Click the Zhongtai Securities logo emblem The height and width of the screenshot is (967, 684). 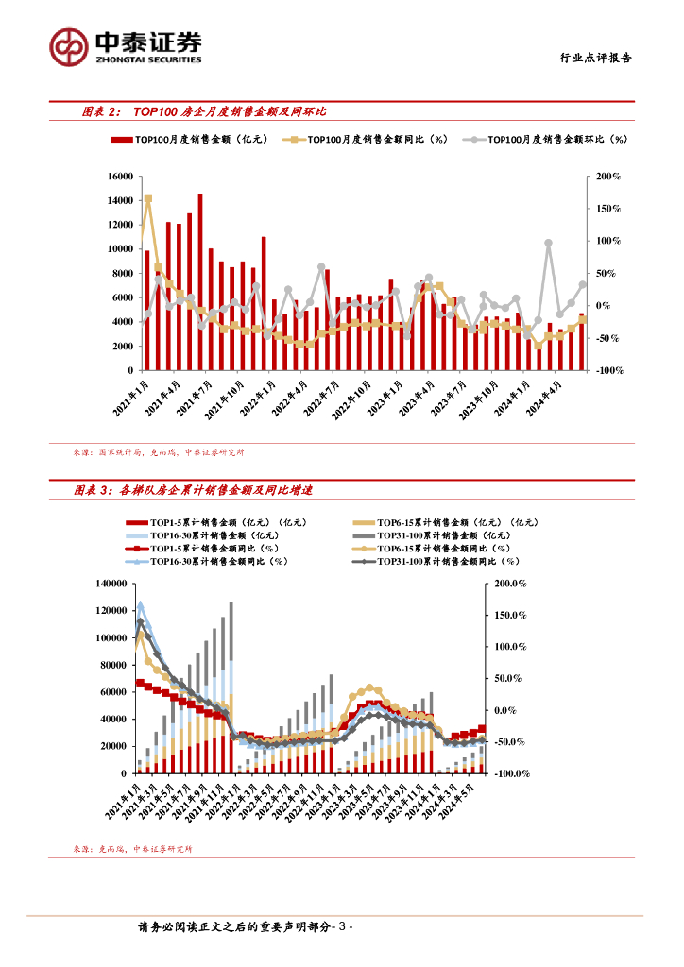[x=70, y=45]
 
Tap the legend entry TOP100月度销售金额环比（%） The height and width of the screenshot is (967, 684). [x=550, y=140]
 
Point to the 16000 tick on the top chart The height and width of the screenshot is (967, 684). [x=119, y=177]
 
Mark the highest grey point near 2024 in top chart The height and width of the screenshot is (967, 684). [x=549, y=243]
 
